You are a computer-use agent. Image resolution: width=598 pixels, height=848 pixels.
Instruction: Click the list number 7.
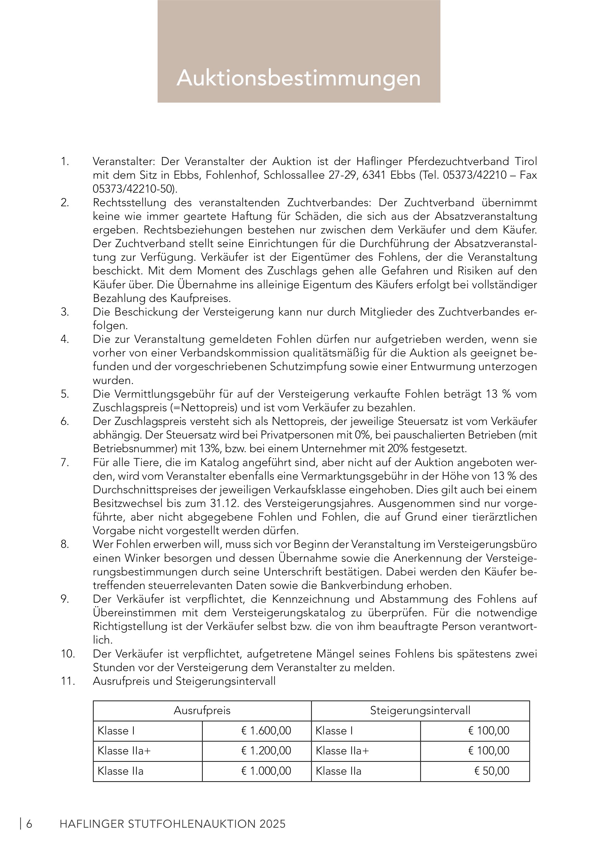coord(65,462)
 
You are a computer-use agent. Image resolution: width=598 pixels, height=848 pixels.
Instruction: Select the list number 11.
coord(68,681)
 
